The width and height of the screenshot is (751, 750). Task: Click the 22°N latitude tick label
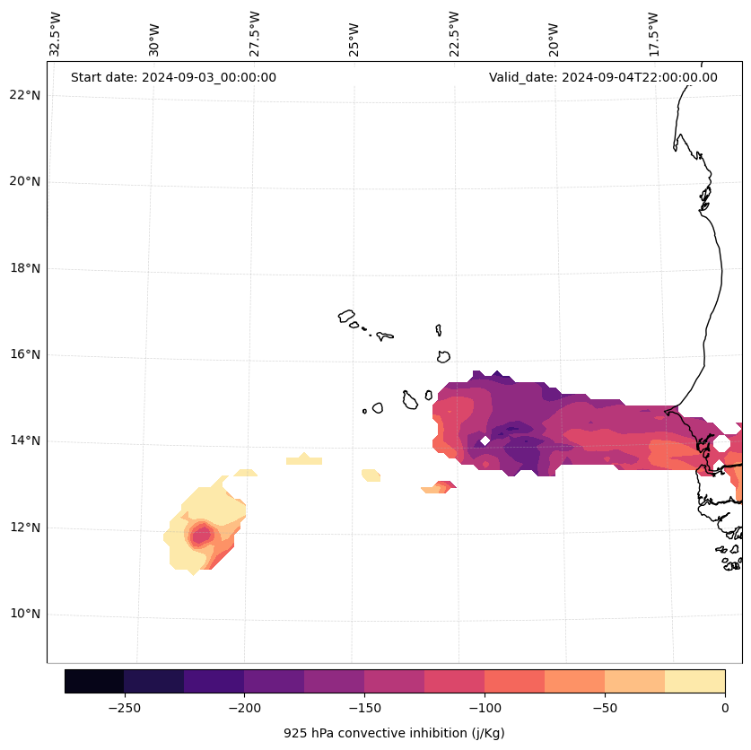tap(24, 95)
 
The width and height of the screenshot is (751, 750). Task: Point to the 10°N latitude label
tap(24, 615)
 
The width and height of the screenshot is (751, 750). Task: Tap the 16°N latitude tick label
tap(24, 355)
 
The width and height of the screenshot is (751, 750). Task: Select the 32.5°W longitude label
tap(56, 34)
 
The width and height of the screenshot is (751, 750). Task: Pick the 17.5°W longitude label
tap(653, 34)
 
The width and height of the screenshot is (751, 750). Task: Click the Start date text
tap(173, 77)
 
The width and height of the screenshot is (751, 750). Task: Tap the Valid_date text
tap(603, 77)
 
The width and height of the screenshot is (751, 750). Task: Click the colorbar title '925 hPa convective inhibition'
tap(394, 733)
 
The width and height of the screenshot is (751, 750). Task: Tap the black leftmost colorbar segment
tap(94, 681)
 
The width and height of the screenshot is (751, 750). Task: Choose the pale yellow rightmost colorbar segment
tap(694, 681)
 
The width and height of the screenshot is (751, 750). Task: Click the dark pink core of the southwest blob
tap(200, 536)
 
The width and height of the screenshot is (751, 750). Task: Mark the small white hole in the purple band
tap(485, 440)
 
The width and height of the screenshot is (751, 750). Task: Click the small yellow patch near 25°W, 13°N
tap(371, 475)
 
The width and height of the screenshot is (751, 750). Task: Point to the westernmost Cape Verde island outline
tap(346, 316)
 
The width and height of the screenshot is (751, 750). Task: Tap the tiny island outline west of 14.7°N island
tap(364, 411)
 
